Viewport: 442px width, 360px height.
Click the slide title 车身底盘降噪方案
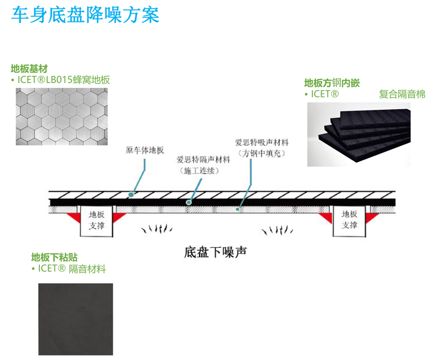[x=86, y=15]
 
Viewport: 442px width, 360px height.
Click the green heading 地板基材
[x=29, y=69]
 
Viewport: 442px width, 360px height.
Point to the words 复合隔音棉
[x=402, y=94]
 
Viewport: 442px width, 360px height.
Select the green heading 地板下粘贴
[x=54, y=257]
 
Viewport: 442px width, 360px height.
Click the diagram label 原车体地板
[x=145, y=150]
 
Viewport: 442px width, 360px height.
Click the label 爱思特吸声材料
[x=261, y=142]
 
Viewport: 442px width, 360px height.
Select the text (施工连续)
[x=199, y=171]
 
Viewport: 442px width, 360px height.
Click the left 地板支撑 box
[x=97, y=220]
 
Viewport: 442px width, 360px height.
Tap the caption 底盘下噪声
[x=215, y=253]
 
